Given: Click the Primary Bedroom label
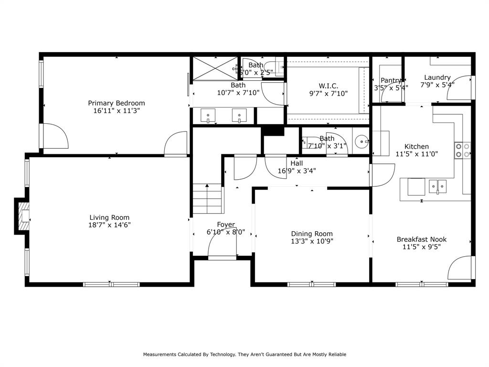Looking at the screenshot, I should pos(117,103).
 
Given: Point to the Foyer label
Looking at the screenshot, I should pos(226,225).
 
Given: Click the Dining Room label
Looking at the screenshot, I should pos(312,234).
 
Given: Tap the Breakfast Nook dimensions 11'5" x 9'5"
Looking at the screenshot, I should pos(422,247).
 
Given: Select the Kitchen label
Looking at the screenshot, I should pos(416,147).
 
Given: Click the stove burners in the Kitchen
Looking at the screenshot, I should pos(463,151).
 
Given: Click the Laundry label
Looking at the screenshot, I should pos(437,77).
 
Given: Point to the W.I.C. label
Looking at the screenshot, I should pos(329,86).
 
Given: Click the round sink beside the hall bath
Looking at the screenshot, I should pos(362,141).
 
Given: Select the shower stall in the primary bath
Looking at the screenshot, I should pos(214,68).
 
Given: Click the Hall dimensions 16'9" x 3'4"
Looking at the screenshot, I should pos(297,171).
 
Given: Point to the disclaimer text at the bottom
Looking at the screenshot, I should pos(244,355).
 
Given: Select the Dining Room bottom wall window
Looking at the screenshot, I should pos(311,284).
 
